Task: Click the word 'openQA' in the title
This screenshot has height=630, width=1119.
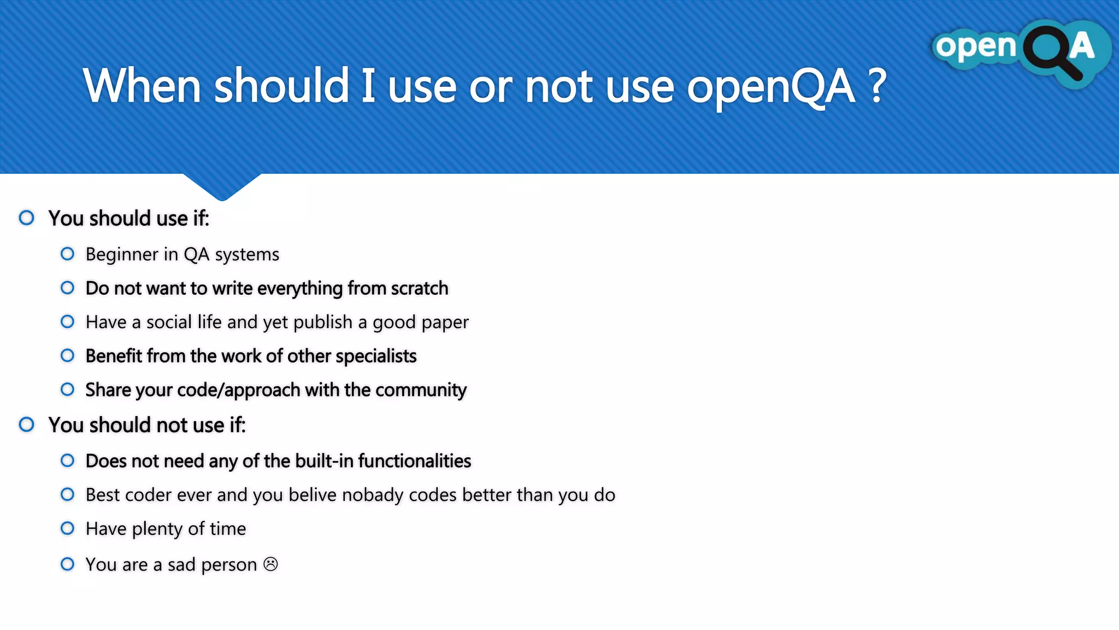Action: pyautogui.click(x=770, y=87)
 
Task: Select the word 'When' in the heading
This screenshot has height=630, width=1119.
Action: pyautogui.click(x=142, y=86)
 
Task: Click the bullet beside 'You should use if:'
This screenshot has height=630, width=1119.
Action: pyautogui.click(x=26, y=218)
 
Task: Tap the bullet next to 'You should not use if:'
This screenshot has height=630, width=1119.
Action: pyautogui.click(x=26, y=424)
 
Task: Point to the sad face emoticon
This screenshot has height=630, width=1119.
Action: pyautogui.click(x=270, y=564)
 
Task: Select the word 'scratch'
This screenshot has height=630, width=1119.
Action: pyautogui.click(x=420, y=288)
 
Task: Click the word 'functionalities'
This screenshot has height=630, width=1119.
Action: pyautogui.click(x=415, y=461)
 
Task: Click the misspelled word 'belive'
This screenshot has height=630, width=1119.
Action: pyautogui.click(x=313, y=495)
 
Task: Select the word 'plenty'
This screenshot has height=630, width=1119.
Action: pyautogui.click(x=157, y=529)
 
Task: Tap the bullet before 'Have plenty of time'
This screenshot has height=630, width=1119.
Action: pyautogui.click(x=67, y=528)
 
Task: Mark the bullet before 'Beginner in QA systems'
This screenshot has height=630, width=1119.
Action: pyautogui.click(x=67, y=254)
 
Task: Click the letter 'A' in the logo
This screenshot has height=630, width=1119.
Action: pyautogui.click(x=1082, y=46)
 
